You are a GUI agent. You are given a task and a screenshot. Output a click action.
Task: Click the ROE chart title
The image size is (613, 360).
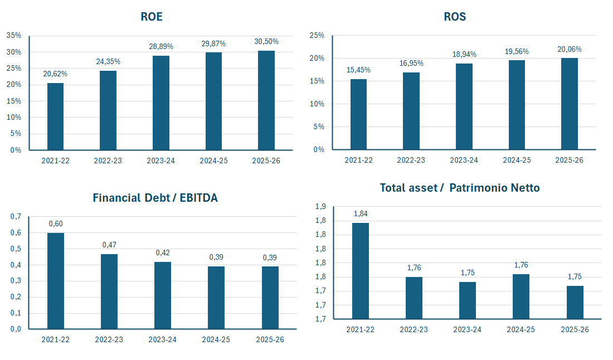click(x=152, y=17)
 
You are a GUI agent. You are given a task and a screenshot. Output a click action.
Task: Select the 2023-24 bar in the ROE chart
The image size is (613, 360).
click(x=161, y=103)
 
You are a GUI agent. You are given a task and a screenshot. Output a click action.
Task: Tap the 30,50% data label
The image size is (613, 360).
click(x=266, y=42)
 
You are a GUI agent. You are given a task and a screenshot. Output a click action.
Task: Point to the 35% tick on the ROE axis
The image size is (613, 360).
click(x=14, y=35)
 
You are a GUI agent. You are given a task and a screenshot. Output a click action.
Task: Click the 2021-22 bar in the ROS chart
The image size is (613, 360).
click(x=358, y=114)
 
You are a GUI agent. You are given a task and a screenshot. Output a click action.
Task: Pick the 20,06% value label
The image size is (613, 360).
click(x=570, y=49)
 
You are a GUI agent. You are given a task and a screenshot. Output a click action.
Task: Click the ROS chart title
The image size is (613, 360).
click(x=455, y=17)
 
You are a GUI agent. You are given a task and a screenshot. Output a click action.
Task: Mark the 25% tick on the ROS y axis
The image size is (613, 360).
click(x=317, y=35)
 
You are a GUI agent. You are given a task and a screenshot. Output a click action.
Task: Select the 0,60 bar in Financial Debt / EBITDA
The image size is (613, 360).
click(x=56, y=281)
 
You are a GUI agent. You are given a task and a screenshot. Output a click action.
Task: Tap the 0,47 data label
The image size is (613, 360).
click(x=109, y=245)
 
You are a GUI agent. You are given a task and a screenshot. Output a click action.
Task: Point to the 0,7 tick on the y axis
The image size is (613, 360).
click(x=16, y=216)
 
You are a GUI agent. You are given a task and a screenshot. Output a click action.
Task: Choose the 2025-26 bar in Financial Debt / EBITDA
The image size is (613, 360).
click(x=270, y=298)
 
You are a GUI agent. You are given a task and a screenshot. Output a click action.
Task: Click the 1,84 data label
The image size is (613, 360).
click(x=361, y=213)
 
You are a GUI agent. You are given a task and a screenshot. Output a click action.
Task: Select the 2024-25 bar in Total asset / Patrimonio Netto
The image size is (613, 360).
click(x=521, y=296)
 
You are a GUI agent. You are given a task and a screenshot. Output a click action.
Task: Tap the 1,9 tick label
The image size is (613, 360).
click(x=320, y=207)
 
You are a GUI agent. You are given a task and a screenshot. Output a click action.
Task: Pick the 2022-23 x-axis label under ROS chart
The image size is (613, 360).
click(x=411, y=160)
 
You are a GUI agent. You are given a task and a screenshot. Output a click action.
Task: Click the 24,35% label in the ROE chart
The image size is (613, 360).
click(x=108, y=61)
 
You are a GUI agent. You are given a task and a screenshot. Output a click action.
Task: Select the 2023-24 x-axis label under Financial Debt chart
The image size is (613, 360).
click(x=163, y=339)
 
